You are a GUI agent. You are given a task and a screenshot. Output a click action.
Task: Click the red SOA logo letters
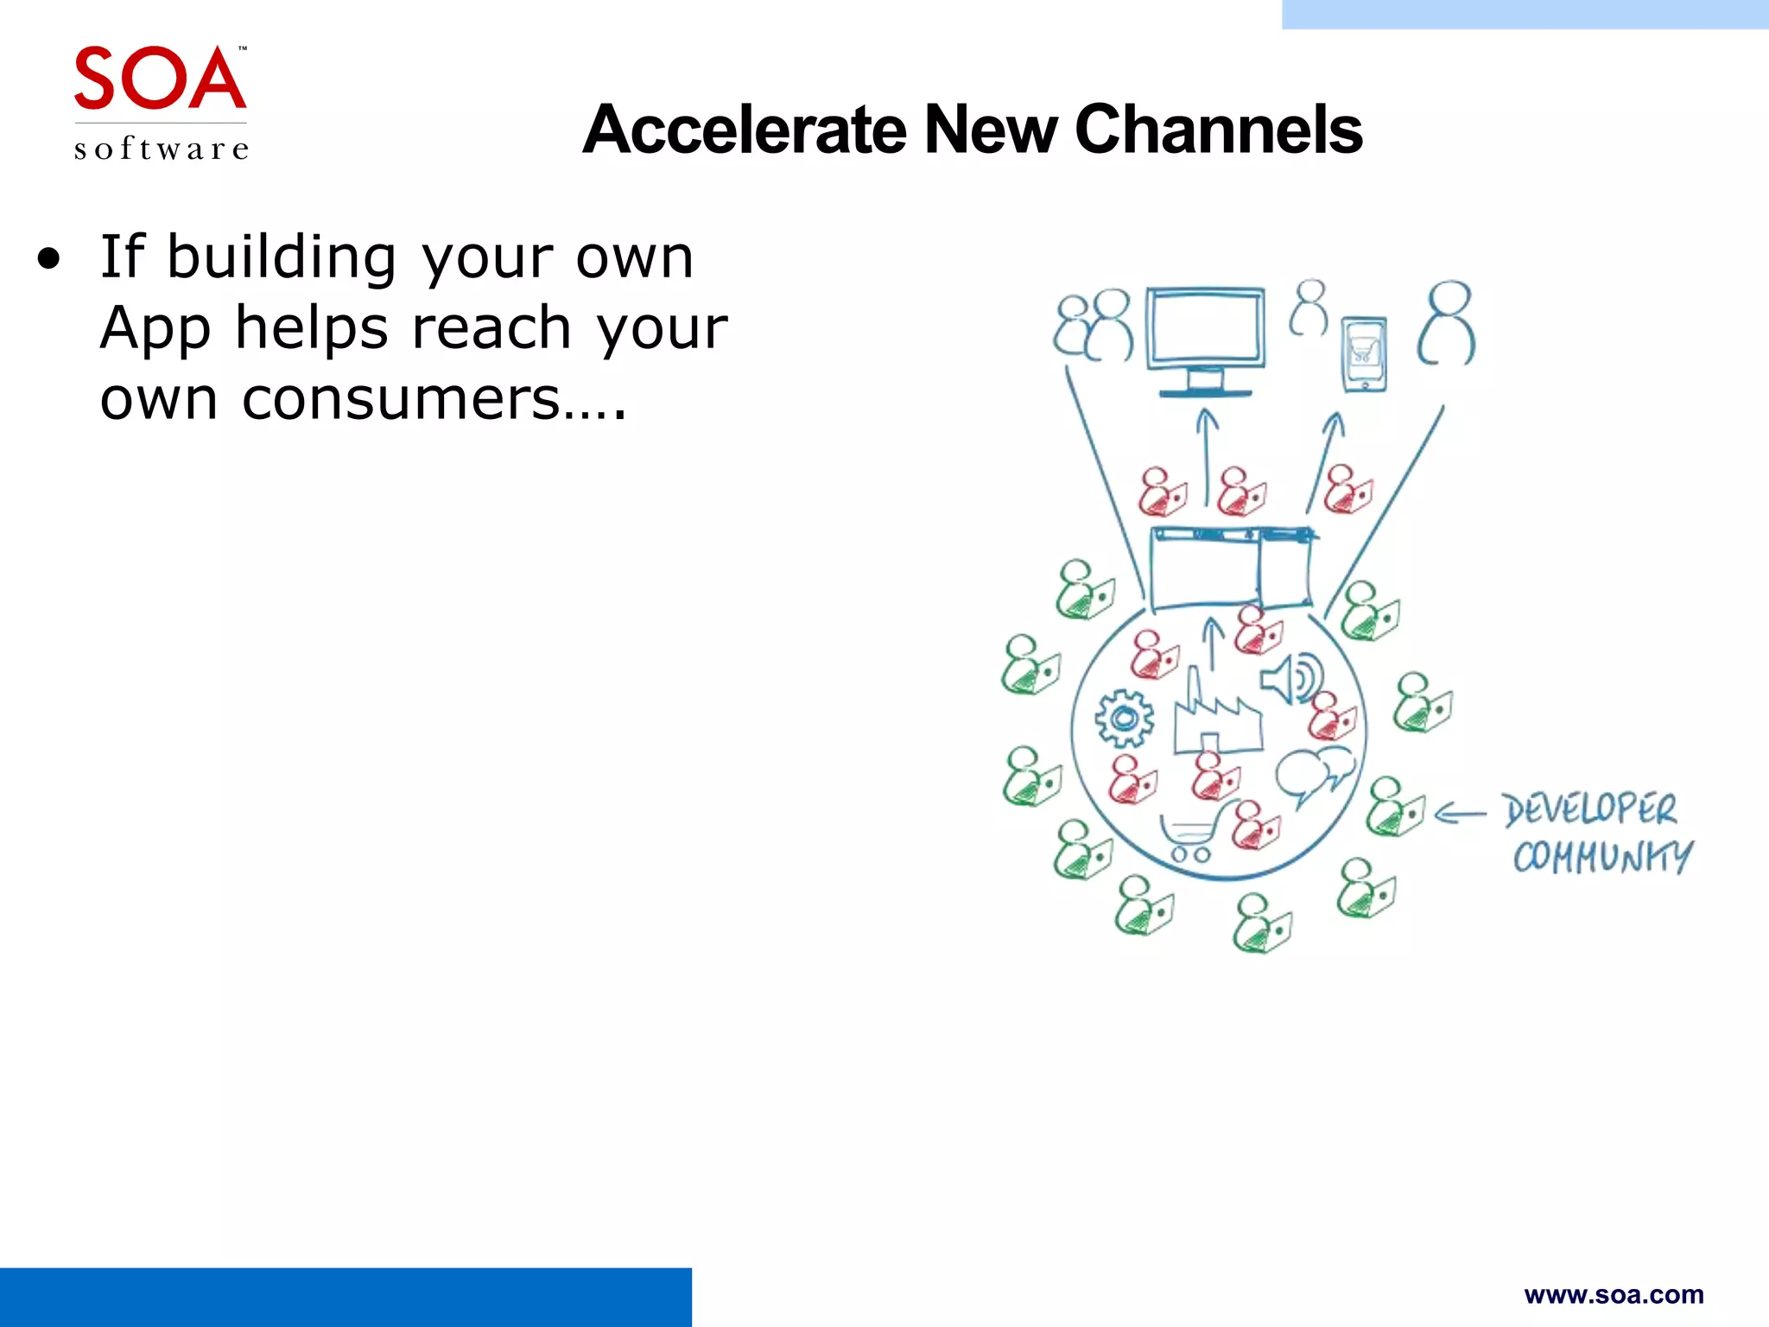pyautogui.click(x=160, y=79)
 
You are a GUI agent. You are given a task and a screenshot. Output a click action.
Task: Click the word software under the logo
pyautogui.click(x=162, y=149)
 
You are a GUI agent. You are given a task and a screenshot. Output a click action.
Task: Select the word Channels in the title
pyautogui.click(x=1218, y=130)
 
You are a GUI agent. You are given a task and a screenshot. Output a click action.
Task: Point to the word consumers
pyautogui.click(x=402, y=399)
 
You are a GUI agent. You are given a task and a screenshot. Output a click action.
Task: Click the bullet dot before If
pyautogui.click(x=49, y=258)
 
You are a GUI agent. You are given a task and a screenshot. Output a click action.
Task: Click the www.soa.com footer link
pyautogui.click(x=1614, y=1294)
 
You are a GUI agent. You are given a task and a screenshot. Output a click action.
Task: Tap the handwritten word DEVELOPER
pyautogui.click(x=1589, y=810)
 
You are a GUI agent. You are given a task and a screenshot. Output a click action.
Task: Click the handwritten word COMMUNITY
pyautogui.click(x=1602, y=856)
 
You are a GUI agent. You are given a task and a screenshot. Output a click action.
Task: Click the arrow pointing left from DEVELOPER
pyautogui.click(x=1460, y=813)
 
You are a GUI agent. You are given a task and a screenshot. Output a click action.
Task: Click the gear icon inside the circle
pyautogui.click(x=1124, y=718)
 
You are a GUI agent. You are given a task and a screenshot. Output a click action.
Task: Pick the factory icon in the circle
pyautogui.click(x=1216, y=714)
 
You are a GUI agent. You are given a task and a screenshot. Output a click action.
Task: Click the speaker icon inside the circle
pyautogui.click(x=1290, y=679)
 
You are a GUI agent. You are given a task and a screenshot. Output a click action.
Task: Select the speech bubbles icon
pyautogui.click(x=1313, y=771)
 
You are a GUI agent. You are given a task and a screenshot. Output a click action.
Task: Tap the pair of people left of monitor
pyautogui.click(x=1094, y=326)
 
